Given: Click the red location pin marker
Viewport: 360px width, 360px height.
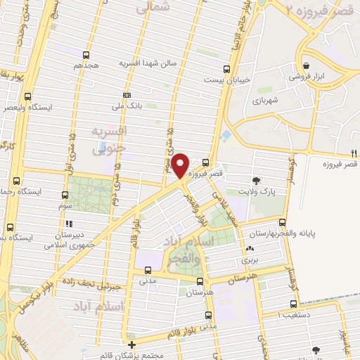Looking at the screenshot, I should click(181, 165).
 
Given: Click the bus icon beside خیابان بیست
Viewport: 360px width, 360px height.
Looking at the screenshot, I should click(226, 69).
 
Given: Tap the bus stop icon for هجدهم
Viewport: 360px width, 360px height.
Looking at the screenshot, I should click(86, 54).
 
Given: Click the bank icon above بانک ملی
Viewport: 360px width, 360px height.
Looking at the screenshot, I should click(127, 95).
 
